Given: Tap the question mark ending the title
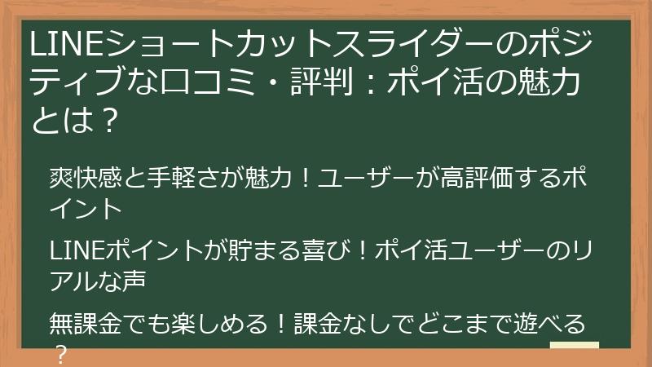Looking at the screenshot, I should click(113, 122).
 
